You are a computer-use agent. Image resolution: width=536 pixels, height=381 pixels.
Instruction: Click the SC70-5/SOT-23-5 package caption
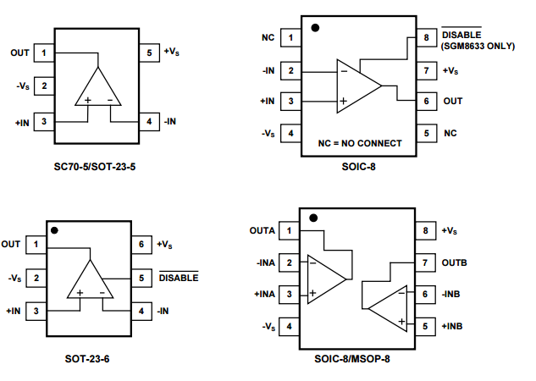[x=95, y=166]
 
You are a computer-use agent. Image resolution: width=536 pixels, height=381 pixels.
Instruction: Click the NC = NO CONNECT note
[x=360, y=144]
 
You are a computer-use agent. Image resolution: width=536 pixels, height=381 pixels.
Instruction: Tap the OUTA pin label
[x=262, y=230]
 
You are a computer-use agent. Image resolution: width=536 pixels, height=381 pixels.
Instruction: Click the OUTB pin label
[x=454, y=262]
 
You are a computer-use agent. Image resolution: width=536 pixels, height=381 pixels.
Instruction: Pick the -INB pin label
[x=453, y=294]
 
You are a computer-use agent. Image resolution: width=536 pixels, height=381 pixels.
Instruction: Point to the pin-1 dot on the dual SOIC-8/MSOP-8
[x=313, y=218]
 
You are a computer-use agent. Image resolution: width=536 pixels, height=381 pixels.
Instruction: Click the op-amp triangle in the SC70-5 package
[x=98, y=88]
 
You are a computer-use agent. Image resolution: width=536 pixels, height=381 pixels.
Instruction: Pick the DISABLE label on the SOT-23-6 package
[x=179, y=277]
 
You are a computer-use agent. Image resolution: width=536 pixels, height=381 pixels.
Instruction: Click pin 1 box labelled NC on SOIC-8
[x=291, y=38]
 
